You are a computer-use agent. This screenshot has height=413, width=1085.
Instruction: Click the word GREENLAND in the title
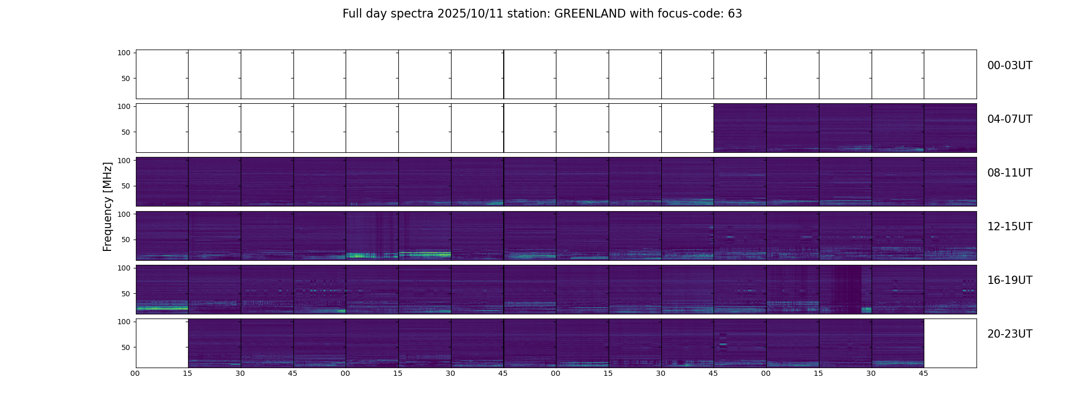tap(590, 14)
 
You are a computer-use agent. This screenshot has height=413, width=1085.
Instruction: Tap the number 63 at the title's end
tap(735, 14)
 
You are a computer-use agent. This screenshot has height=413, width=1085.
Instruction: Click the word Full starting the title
tap(352, 14)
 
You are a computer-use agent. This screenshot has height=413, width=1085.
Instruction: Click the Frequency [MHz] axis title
tap(107, 206)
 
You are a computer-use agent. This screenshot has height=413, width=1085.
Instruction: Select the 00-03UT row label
tap(1010, 66)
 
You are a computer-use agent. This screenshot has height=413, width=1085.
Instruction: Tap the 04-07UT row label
tap(1010, 119)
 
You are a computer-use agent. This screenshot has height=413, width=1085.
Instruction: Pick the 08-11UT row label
tap(1010, 173)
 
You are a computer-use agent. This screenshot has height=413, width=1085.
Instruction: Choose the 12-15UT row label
tap(1010, 227)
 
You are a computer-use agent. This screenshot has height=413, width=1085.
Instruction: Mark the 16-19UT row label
tap(1010, 280)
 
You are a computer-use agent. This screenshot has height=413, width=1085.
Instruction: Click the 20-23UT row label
tap(1010, 334)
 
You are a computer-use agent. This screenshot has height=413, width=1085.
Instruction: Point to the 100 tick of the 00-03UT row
tap(124, 53)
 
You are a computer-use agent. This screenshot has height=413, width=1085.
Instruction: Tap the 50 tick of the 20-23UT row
tap(126, 347)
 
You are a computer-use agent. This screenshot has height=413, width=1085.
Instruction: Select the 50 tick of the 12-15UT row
tap(126, 240)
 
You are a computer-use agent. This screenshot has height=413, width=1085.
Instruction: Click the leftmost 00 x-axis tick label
tap(135, 373)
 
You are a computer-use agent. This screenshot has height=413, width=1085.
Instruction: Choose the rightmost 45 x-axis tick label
tap(923, 373)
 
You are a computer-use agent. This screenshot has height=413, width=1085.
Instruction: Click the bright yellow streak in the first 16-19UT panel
tap(161, 309)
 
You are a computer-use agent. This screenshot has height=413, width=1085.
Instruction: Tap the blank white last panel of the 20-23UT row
tap(950, 343)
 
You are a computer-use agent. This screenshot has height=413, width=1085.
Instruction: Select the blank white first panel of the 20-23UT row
tap(162, 343)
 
